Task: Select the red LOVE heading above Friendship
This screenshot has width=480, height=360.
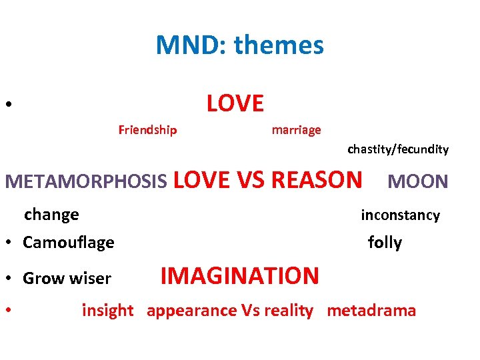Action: pos(235,103)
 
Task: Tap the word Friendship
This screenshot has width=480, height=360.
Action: pos(147,130)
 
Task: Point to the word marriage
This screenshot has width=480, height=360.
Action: pos(296,130)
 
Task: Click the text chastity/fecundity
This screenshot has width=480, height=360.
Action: pos(398,149)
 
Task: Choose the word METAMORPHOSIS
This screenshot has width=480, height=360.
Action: pos(86,181)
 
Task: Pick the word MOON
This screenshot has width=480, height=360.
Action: pos(418,181)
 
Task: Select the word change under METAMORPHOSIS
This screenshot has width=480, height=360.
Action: pos(51,215)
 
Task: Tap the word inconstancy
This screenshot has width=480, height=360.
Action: pos(400,215)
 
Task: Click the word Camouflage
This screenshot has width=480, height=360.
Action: pos(68,243)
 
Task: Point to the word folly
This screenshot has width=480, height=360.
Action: pos(385,243)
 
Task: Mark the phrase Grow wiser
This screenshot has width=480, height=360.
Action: pos(67,279)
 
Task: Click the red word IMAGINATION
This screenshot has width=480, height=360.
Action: pos(240,275)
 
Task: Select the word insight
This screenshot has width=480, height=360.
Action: pos(107,311)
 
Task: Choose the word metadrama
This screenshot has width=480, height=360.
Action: pos(371,311)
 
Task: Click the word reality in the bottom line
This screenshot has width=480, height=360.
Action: pos(288,311)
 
